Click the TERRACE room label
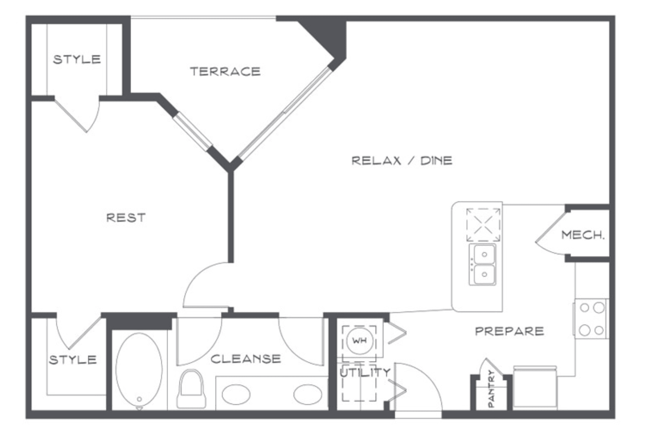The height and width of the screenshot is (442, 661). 225,71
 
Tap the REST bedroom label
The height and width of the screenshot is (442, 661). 126,218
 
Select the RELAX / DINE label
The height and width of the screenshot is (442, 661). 402,161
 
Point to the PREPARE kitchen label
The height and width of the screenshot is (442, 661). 510,331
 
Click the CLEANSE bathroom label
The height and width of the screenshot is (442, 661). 246,359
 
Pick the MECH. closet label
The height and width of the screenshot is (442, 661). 583,235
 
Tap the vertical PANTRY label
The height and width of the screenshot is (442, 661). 491,388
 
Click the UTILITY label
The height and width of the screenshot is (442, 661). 365,372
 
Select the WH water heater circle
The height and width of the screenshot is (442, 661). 360,340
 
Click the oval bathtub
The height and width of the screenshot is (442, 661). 139,370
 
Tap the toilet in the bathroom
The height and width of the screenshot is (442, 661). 191,389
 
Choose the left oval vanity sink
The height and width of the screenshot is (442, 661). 236,395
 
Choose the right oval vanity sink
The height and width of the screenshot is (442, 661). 308,395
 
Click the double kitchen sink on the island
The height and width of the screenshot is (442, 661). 483,265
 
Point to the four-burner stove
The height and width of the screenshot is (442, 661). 592,319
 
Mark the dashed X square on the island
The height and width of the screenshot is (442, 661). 483,225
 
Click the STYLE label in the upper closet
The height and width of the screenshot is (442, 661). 77,59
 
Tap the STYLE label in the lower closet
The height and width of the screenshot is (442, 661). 73,360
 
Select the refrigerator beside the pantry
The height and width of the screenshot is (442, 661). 535,388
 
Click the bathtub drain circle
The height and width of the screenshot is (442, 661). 139,399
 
